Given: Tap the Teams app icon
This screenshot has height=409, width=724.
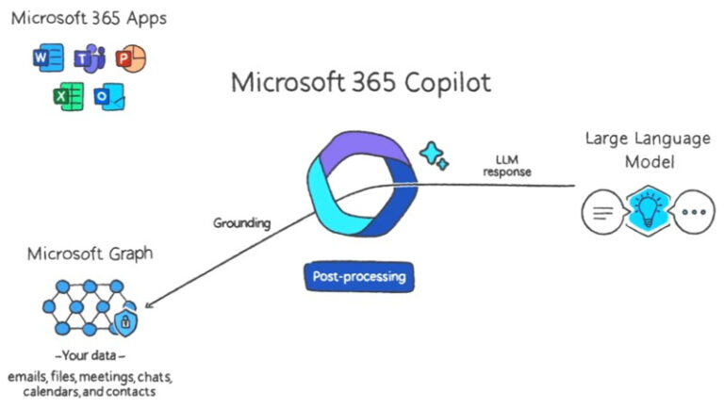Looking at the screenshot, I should (90, 59).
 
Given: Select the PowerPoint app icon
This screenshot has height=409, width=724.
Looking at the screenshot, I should (130, 59).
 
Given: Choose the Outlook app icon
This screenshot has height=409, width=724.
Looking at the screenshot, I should (109, 96).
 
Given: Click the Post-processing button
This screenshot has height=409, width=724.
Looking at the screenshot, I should (357, 277).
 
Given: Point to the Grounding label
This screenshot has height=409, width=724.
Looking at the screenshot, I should (241, 223).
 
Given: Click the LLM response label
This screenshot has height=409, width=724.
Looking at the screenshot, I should (507, 166).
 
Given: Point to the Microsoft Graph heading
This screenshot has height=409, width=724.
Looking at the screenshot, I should (90, 254).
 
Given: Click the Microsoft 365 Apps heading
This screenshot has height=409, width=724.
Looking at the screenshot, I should (89, 17).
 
